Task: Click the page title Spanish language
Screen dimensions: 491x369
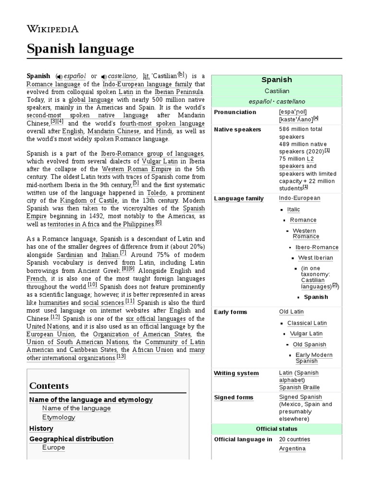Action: (x=80, y=48)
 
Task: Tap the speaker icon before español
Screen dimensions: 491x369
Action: (x=59, y=76)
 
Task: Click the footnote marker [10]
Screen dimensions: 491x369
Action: (x=92, y=285)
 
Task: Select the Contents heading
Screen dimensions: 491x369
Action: (x=49, y=386)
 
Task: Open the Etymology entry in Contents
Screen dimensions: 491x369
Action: (x=59, y=417)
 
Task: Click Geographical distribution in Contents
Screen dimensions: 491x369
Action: (x=71, y=439)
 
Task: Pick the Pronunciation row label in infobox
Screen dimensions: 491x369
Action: (x=235, y=112)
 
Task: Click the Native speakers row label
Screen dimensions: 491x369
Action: (x=237, y=129)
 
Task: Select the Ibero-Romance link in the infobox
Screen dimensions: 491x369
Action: (x=317, y=247)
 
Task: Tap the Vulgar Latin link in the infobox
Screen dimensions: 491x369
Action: (x=307, y=334)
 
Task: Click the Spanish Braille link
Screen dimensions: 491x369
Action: (x=299, y=387)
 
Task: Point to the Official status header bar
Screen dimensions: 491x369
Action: (x=276, y=429)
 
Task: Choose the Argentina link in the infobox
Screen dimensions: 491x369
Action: (x=292, y=449)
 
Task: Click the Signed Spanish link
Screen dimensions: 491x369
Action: (x=300, y=397)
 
